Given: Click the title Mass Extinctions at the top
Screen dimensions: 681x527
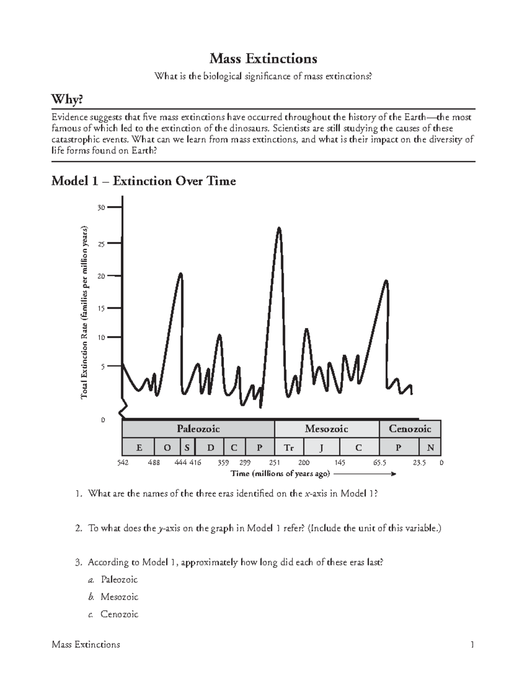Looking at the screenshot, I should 263,58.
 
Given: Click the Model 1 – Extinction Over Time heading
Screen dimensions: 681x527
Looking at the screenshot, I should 144,181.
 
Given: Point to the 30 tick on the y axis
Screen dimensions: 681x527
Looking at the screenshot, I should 101,207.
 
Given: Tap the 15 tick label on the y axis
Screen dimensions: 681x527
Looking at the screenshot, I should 101,308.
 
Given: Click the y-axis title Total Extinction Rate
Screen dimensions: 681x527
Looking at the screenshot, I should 84,312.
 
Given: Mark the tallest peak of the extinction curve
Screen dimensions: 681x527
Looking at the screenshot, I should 279,228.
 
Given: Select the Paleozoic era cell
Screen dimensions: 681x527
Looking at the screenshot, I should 198,428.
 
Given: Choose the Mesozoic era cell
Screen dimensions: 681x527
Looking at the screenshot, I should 326,428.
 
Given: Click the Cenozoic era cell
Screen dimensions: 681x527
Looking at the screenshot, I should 410,428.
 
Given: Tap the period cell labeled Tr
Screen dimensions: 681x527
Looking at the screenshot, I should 289,448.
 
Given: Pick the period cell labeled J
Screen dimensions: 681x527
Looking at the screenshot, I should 321,448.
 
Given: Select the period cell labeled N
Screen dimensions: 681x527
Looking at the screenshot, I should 430,448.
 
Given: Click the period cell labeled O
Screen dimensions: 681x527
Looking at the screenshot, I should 167,448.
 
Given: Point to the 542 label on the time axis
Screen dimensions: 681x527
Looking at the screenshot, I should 123,463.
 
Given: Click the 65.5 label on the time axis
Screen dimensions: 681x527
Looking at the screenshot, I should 379,463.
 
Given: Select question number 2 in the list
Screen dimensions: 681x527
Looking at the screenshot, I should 79,528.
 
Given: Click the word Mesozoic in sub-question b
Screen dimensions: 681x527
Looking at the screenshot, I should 119,597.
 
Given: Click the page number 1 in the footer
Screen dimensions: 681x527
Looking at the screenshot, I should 472,644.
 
